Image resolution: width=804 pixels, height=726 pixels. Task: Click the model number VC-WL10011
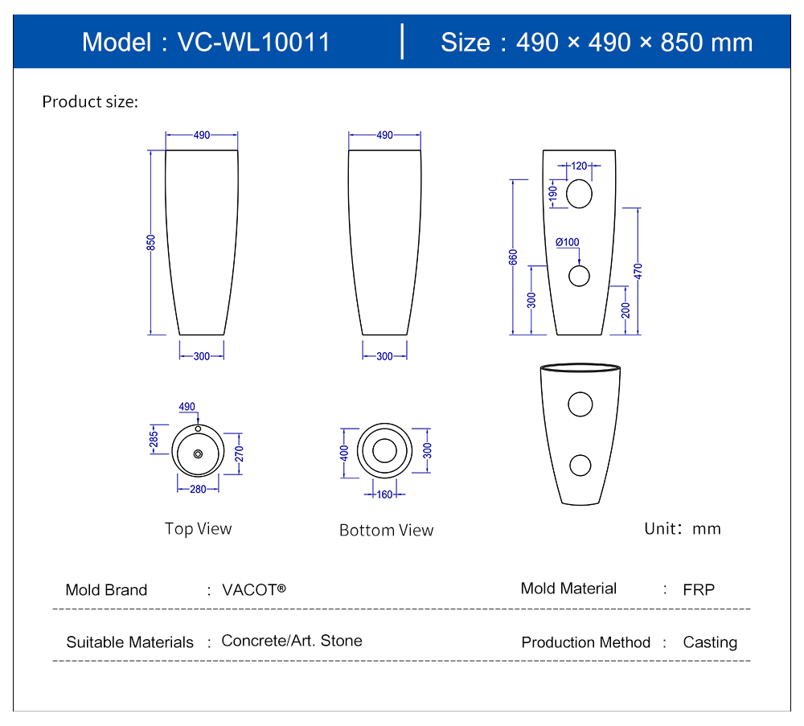253,43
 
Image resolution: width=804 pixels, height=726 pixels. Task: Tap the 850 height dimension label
151,243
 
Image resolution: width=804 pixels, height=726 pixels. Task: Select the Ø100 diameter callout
568,242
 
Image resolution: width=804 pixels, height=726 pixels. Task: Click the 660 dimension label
513,256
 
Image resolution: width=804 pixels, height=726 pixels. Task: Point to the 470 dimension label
638,271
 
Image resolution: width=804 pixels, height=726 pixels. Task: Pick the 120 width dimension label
579,166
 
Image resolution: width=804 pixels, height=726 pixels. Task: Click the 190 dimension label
553,194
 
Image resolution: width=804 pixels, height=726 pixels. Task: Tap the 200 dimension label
626,310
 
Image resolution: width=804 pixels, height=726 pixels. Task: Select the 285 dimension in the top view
154,440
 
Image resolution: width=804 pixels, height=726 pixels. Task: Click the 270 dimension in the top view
239,453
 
